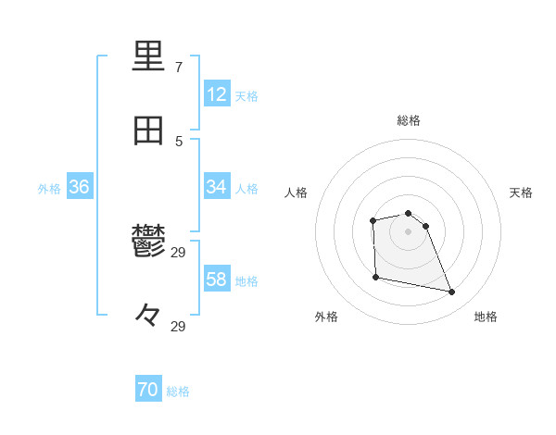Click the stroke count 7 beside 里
[x=179, y=68]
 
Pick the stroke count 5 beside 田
[x=179, y=142]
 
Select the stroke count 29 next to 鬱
[x=180, y=252]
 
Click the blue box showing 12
[x=216, y=95]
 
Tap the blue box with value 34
[x=216, y=187]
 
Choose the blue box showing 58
[x=216, y=280]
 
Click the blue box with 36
[x=79, y=187]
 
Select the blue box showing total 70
[x=147, y=391]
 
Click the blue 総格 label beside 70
[x=178, y=391]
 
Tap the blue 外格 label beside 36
[x=49, y=188]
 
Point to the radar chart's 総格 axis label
[x=409, y=120]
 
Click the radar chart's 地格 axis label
[x=486, y=317]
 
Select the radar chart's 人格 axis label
[x=297, y=193]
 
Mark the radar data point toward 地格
[x=452, y=292]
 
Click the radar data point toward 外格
[x=375, y=277]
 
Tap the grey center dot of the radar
[x=408, y=231]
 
